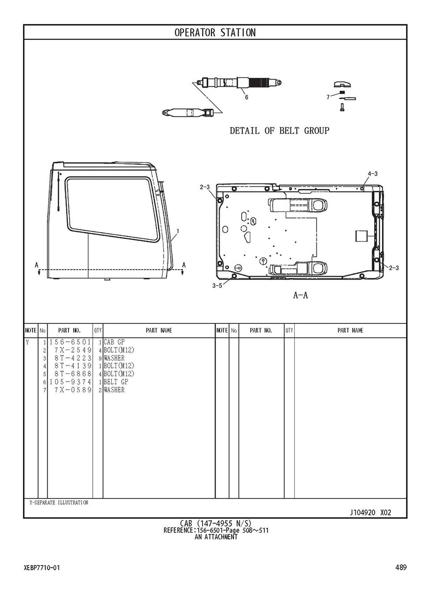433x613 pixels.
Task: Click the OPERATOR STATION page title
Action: [215, 32]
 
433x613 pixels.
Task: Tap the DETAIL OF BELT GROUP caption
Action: [279, 130]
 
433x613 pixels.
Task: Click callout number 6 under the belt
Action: [246, 97]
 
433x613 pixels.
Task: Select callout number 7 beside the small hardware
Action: [328, 97]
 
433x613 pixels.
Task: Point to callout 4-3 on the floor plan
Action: [372, 173]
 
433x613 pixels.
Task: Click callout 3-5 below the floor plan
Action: [218, 286]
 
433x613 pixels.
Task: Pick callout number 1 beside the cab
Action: [178, 231]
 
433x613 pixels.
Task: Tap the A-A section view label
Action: [301, 295]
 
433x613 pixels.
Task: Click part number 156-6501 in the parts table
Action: [70, 342]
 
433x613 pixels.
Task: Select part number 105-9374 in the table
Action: [70, 382]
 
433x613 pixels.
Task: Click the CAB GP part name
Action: [114, 342]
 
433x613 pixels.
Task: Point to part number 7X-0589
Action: [73, 390]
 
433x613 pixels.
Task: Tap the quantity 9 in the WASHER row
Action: [101, 358]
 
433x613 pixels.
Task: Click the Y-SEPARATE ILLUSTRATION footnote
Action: [59, 502]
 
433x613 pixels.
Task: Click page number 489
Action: [401, 567]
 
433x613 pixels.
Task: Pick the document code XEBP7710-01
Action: [42, 568]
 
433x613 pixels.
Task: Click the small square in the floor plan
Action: [362, 237]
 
